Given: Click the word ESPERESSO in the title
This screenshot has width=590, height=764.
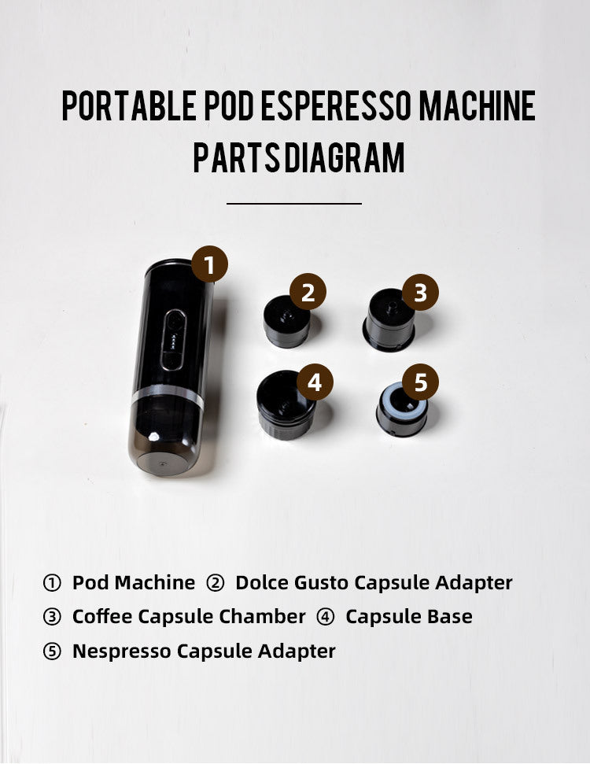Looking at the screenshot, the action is (336, 105).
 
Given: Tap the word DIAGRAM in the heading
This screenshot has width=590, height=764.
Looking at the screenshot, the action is (345, 157).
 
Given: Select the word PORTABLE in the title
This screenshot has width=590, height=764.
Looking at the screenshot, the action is (129, 105).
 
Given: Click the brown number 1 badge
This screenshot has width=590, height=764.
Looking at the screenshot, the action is (209, 264).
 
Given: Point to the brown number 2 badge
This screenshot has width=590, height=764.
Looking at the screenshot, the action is (308, 292).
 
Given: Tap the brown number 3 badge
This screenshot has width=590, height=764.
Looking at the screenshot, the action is (420, 292).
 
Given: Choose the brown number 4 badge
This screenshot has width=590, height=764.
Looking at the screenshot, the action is (315, 382).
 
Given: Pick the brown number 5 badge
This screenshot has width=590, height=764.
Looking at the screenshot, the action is (420, 382).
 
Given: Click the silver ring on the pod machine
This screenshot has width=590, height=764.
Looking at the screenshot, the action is (168, 395).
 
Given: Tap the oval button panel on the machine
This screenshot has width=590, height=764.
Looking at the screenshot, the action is (173, 340).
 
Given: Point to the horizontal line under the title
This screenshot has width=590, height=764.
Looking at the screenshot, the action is (294, 204).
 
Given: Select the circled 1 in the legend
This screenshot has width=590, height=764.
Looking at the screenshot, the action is (52, 583).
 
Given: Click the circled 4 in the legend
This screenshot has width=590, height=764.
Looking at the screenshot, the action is (326, 617).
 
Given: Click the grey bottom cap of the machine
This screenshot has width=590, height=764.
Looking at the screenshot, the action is (160, 463).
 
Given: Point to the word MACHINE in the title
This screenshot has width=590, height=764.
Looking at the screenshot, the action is (478, 105).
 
